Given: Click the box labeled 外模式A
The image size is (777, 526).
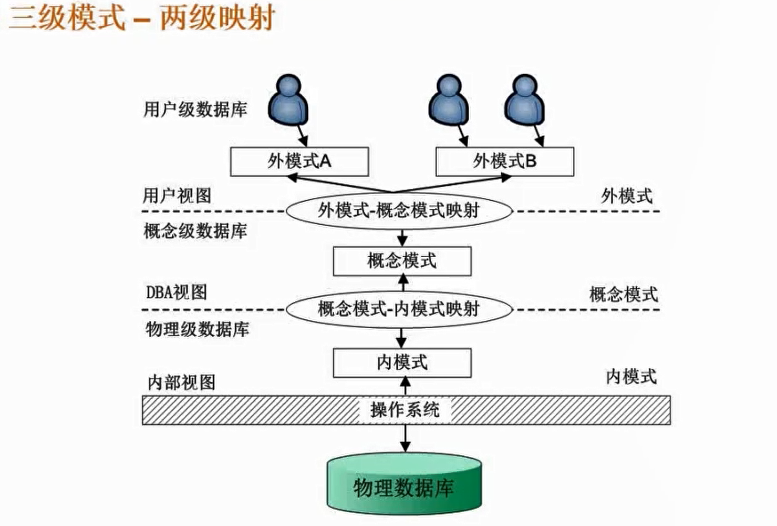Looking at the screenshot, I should [299, 161].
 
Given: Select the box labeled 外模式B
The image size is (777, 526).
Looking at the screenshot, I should [504, 161].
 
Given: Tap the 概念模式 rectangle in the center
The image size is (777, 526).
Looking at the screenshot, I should [402, 261].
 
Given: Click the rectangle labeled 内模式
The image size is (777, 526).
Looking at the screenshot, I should [402, 362].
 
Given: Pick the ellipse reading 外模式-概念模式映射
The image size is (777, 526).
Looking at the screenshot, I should [399, 211].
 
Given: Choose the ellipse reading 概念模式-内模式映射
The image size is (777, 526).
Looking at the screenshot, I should [399, 309].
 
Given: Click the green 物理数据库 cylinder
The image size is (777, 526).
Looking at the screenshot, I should [404, 487].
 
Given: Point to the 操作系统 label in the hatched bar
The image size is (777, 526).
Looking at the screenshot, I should [405, 410].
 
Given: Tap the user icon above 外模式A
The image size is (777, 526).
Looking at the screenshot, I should [288, 100].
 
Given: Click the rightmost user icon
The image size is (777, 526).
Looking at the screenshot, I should [524, 100].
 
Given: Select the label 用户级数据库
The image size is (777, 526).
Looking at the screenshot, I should [195, 110].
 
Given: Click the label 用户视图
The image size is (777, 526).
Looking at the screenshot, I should [177, 196].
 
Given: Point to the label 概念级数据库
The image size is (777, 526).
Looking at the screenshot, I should [195, 231].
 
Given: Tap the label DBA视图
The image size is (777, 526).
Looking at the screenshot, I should [177, 292].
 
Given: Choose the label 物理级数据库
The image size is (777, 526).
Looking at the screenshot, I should [197, 330].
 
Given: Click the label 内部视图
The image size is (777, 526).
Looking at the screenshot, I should [181, 382].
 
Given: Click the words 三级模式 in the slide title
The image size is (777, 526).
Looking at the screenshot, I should [67, 18].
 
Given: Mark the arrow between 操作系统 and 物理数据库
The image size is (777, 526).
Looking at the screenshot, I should [405, 438].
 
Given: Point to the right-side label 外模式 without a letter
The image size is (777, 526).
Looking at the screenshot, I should [627, 196].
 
